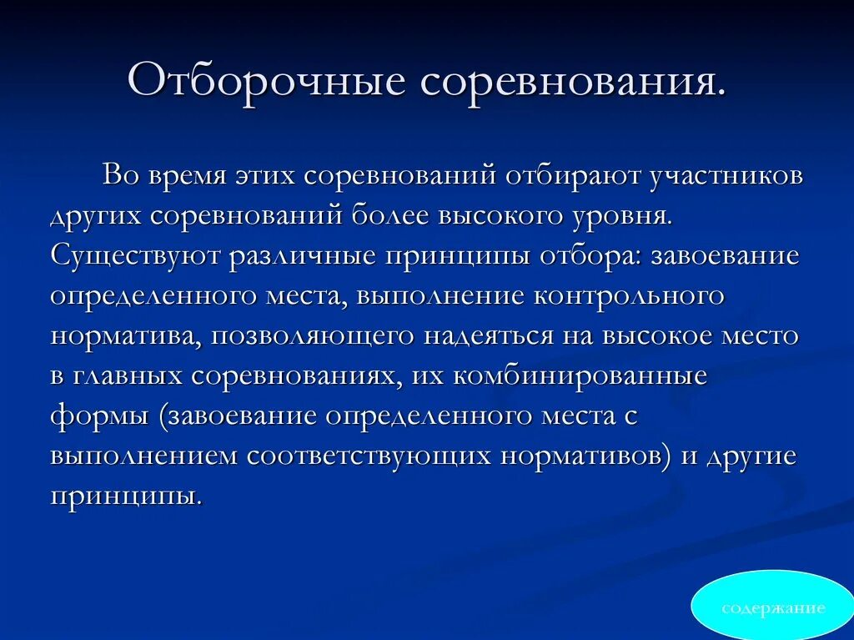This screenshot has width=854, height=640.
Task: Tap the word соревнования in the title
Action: [x=572, y=82]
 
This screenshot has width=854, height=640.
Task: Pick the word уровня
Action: [x=625, y=216]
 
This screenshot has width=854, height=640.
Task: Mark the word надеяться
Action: [x=471, y=335]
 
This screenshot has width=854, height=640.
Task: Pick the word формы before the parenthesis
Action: [x=99, y=416]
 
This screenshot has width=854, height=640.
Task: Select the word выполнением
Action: [x=143, y=456]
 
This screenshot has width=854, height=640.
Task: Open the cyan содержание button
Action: [x=773, y=607]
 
